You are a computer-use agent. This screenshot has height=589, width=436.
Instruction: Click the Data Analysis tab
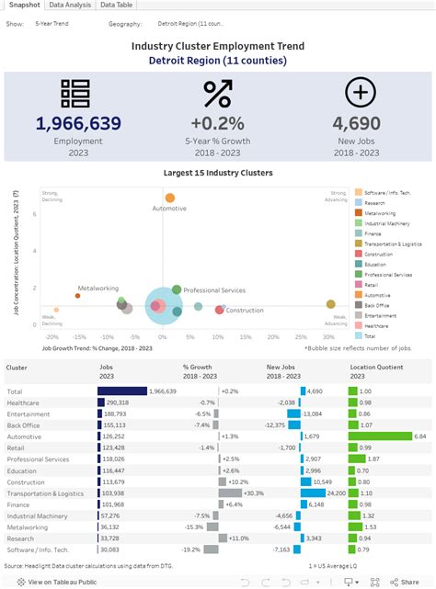(70, 6)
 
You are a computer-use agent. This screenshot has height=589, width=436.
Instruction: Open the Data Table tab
(116, 6)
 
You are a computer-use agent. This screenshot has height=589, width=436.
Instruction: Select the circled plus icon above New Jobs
(360, 93)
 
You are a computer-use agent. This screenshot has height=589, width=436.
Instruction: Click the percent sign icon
(218, 94)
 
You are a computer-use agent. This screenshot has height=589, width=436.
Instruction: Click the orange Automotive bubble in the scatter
(169, 198)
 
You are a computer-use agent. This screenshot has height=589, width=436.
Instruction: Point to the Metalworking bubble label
(97, 288)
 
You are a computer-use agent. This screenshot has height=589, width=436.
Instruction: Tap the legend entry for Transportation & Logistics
(393, 244)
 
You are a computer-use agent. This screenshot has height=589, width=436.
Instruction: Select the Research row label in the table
(21, 538)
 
